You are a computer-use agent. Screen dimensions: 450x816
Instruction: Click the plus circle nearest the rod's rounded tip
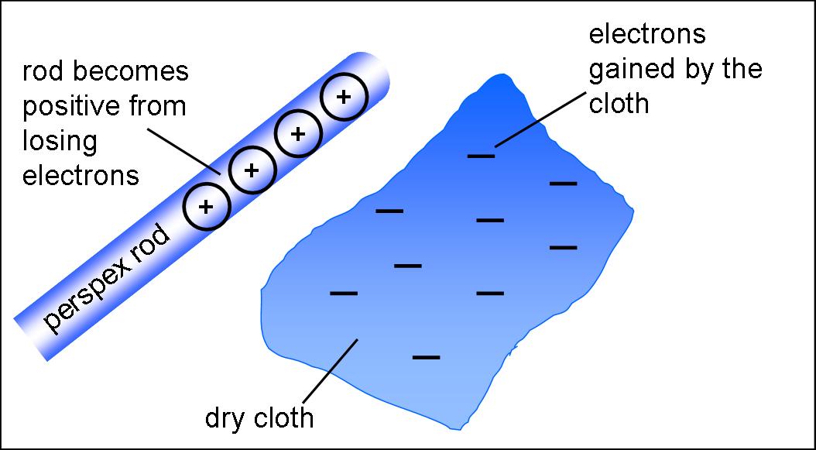tap(343, 98)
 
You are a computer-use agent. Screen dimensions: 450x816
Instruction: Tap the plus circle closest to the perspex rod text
tap(207, 207)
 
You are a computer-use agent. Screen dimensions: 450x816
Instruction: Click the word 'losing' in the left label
tap(60, 141)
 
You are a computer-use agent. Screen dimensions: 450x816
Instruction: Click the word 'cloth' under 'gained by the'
tap(619, 104)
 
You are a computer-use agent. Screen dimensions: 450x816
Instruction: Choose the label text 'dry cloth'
tap(259, 418)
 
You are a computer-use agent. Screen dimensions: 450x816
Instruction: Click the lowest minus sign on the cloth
tap(427, 357)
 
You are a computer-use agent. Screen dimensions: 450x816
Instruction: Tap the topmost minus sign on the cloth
tap(481, 156)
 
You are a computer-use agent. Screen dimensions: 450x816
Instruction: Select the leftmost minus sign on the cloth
tap(344, 294)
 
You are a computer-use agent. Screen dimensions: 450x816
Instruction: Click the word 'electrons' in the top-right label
tap(646, 35)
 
